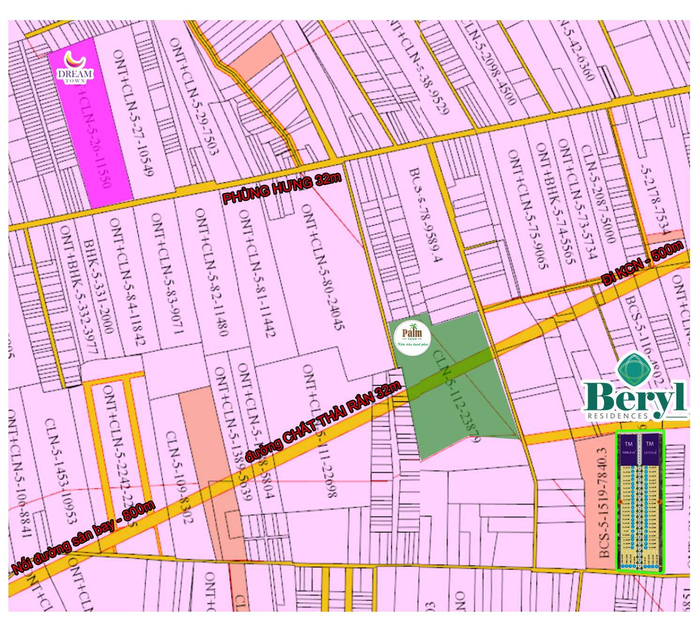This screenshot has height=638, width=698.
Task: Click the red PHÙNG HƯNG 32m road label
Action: point(281,188)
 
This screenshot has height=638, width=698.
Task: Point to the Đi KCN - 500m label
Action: point(642,263)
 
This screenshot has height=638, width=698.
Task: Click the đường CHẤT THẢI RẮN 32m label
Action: point(323,421)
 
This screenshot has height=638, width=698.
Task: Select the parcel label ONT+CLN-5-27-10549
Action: point(133,113)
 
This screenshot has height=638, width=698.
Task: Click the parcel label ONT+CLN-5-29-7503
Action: point(193,96)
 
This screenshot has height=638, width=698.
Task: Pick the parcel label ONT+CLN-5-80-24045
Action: point(323,267)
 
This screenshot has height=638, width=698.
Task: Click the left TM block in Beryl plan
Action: point(628,449)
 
